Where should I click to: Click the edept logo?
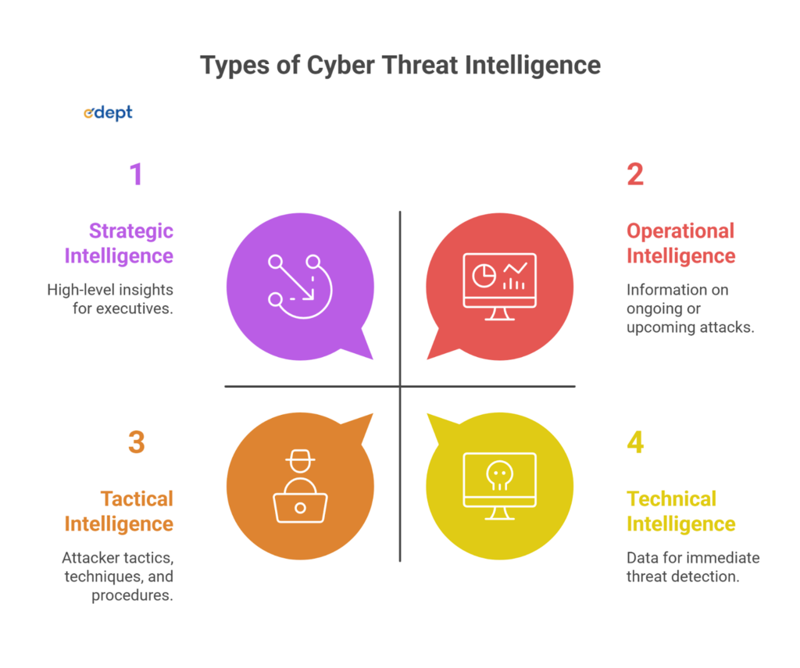tap(108, 113)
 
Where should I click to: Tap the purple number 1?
tap(137, 173)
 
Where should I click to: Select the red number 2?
tap(635, 173)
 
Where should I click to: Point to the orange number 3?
tap(137, 442)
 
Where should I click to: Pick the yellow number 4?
tap(635, 442)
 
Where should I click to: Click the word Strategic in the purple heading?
tap(131, 231)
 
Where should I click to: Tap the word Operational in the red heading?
tap(680, 231)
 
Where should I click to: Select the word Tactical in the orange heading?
tap(137, 498)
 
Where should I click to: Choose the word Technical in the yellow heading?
tap(671, 498)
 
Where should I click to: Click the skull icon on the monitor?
tap(499, 474)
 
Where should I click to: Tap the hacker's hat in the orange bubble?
tap(300, 460)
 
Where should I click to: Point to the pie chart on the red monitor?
tap(484, 274)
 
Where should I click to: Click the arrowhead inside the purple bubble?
tap(309, 295)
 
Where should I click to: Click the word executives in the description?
tap(134, 309)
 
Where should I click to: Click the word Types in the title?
tap(228, 65)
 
